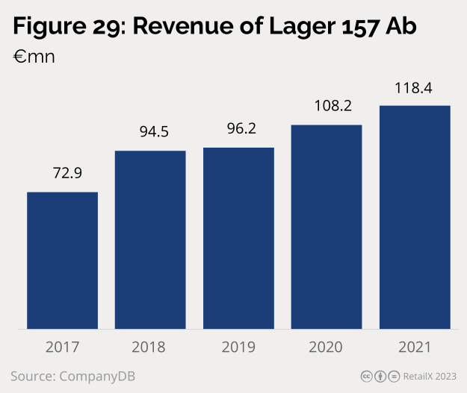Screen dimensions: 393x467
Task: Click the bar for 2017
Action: tap(63, 260)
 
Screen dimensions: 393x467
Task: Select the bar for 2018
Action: tap(150, 239)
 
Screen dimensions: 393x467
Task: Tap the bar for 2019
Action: tap(238, 238)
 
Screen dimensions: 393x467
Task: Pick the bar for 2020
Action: tap(327, 227)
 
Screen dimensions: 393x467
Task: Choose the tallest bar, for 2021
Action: tap(415, 217)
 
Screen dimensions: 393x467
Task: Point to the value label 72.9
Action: tap(67, 173)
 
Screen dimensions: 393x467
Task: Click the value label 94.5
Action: tap(155, 132)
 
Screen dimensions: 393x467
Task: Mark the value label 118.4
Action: tap(415, 87)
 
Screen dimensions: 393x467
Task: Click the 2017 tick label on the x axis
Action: tap(63, 347)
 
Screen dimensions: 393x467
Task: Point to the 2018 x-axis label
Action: tap(150, 347)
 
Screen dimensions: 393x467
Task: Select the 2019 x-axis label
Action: tap(238, 347)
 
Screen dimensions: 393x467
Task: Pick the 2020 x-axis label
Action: tap(327, 347)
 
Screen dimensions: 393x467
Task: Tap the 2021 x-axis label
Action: tap(415, 347)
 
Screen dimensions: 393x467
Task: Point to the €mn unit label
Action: tap(34, 57)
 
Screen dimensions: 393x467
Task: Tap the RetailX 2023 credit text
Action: tap(431, 375)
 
